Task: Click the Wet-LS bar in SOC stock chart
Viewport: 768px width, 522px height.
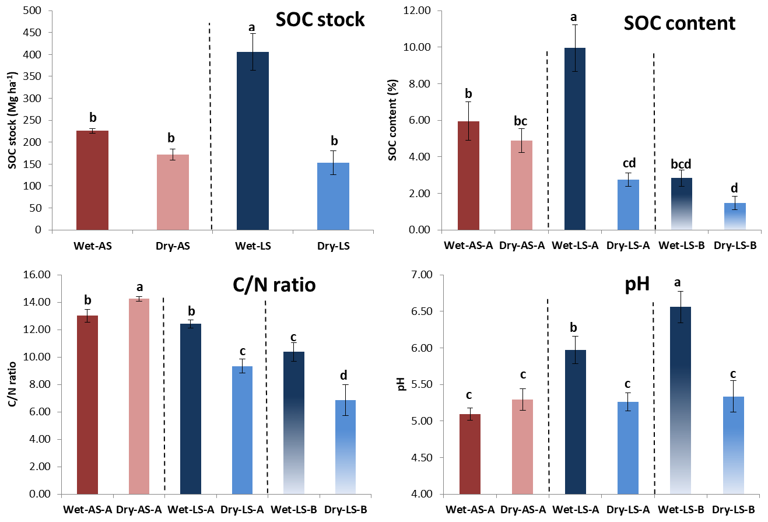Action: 253,141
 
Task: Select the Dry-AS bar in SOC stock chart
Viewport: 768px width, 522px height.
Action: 173,192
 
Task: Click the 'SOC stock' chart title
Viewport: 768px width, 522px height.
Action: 320,20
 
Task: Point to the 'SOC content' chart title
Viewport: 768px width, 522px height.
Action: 679,24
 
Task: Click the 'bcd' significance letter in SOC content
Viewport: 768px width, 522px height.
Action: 681,165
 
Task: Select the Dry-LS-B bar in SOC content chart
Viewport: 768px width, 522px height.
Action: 734,216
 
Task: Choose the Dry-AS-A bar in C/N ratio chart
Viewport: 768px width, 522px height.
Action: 140,396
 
